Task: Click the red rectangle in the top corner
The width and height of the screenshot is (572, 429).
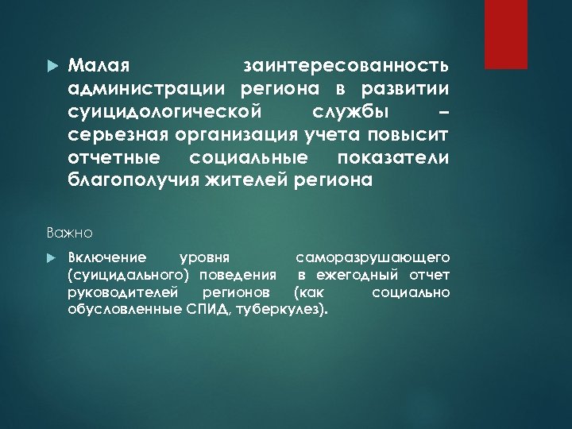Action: pyautogui.click(x=506, y=34)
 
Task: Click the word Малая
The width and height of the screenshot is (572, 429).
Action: pyautogui.click(x=94, y=63)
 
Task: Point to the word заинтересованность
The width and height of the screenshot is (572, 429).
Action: pyautogui.click(x=346, y=63)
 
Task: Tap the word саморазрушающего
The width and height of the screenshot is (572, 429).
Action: pyautogui.click(x=373, y=257)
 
